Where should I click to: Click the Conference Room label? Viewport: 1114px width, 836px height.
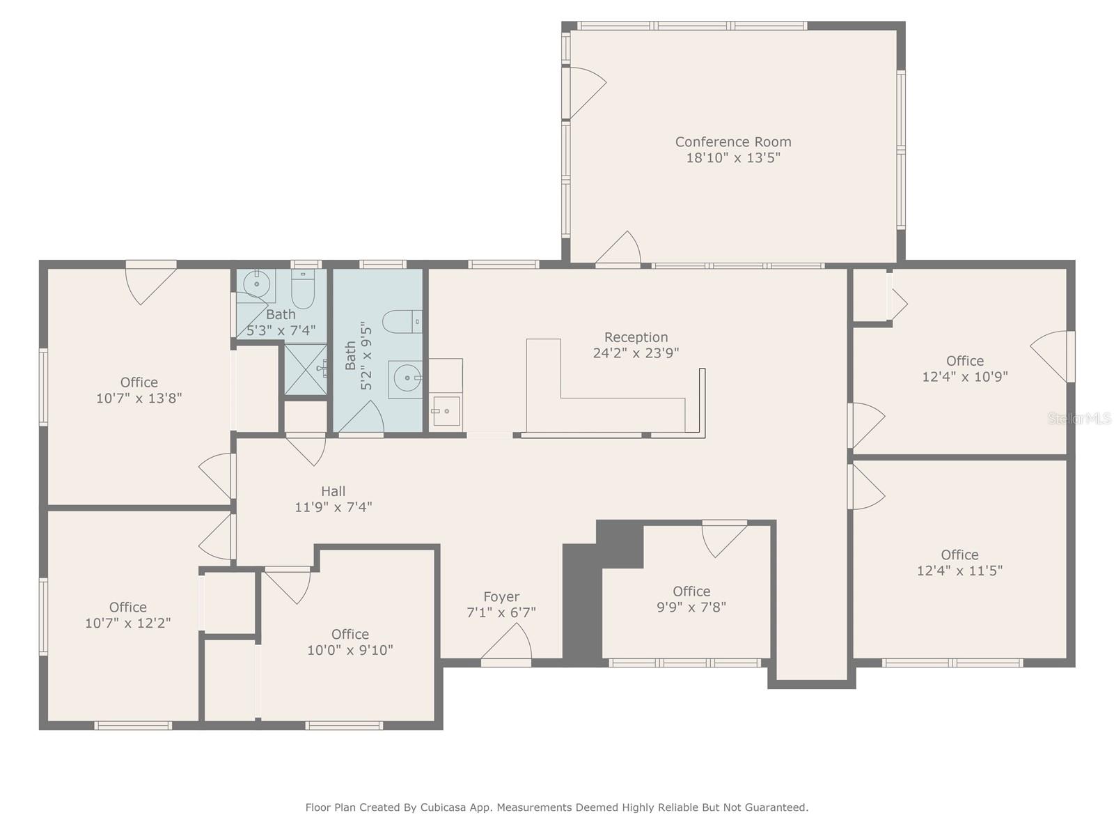pyautogui.click(x=733, y=142)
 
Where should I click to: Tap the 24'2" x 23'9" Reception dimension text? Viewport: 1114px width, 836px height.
pyautogui.click(x=636, y=353)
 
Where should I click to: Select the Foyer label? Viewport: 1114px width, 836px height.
pyautogui.click(x=501, y=597)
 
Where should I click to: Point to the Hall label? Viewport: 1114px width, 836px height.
pyautogui.click(x=334, y=491)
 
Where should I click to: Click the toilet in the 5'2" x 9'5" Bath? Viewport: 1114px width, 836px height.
pyautogui.click(x=404, y=321)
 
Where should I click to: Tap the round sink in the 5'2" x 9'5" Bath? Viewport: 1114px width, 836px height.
pyautogui.click(x=406, y=379)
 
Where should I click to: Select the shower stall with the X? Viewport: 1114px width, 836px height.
pyautogui.click(x=305, y=369)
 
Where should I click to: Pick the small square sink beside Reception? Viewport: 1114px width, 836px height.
pyautogui.click(x=445, y=411)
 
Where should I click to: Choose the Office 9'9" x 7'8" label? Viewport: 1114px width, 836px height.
pyautogui.click(x=691, y=591)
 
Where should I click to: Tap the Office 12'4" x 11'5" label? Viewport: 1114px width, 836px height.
pyautogui.click(x=959, y=555)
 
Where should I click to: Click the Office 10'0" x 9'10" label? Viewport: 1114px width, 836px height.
pyautogui.click(x=350, y=634)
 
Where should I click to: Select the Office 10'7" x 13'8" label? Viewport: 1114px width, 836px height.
pyautogui.click(x=139, y=382)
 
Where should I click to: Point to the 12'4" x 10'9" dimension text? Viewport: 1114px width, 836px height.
pyautogui.click(x=965, y=377)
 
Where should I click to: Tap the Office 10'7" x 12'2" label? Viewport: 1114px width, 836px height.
pyautogui.click(x=128, y=607)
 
